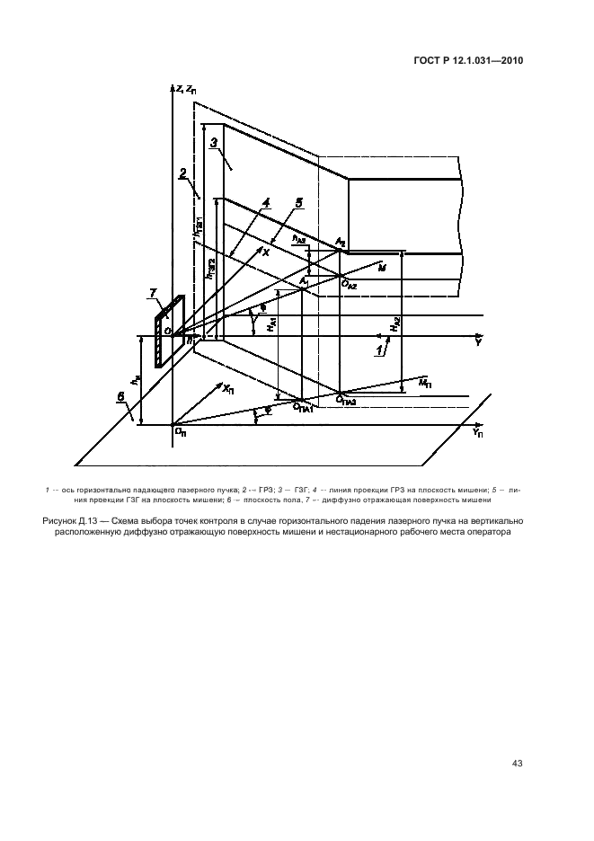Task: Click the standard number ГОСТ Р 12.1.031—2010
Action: tap(469, 61)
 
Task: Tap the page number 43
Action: tap(517, 764)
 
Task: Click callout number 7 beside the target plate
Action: tap(153, 294)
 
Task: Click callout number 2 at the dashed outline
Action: tap(182, 172)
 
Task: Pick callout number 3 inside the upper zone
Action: tap(214, 143)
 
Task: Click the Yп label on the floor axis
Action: tap(477, 432)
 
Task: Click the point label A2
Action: tap(340, 243)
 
